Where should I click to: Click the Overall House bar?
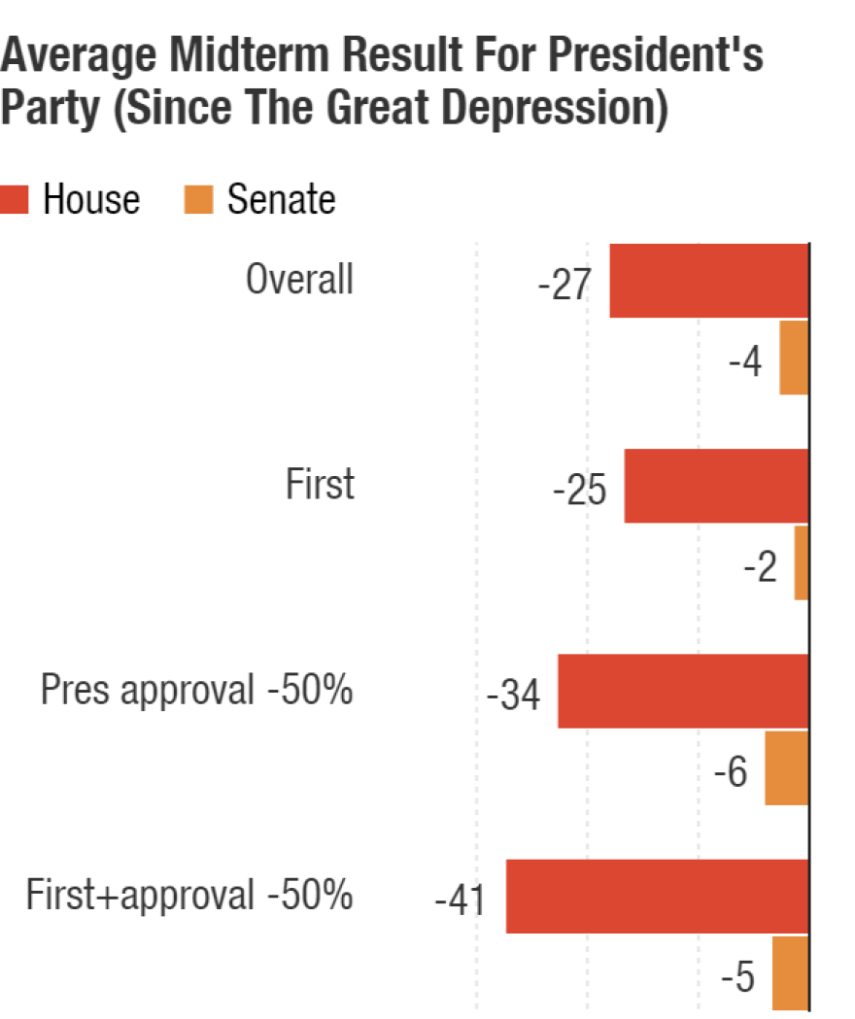[x=709, y=280]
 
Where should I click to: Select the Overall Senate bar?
[x=794, y=357]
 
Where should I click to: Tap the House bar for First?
[x=716, y=486]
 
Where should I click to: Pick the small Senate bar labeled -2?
[x=802, y=562]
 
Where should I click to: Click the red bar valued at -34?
[x=683, y=691]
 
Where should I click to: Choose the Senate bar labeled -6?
[x=786, y=767]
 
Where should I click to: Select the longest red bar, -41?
[x=657, y=896]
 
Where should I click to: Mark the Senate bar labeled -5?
[x=790, y=972]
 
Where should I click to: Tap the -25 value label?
[x=579, y=492]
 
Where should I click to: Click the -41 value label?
[x=461, y=902]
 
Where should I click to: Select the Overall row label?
[x=299, y=281]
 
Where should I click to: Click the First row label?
[x=320, y=485]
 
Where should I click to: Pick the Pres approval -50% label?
[x=196, y=692]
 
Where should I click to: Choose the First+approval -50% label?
[x=188, y=896]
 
